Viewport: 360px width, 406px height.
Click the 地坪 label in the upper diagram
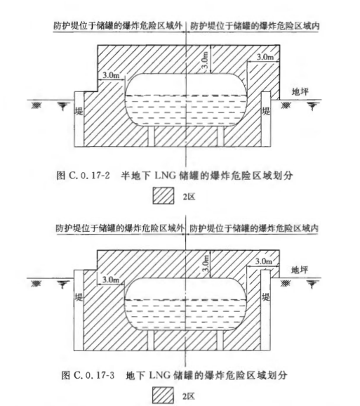click(300, 91)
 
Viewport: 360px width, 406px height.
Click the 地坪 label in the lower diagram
click(300, 270)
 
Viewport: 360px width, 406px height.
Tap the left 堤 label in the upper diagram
click(79, 112)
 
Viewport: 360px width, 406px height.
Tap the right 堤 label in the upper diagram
click(266, 112)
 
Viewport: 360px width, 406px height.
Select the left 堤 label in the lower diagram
click(79, 296)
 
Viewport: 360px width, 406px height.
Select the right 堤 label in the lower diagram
click(266, 296)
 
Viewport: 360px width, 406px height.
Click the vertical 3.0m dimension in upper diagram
click(205, 60)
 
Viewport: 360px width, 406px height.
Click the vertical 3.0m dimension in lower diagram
click(206, 263)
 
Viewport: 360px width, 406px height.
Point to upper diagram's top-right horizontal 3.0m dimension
click(265, 57)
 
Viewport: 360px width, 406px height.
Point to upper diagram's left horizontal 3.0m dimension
click(111, 75)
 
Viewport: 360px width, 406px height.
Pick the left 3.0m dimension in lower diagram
click(111, 280)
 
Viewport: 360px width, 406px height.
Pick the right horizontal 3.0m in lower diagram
click(264, 261)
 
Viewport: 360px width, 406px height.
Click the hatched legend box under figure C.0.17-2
click(164, 196)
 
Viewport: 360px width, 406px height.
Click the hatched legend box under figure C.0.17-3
click(163, 395)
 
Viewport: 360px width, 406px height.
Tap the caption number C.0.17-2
click(89, 176)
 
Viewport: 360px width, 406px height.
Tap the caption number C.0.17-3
click(94, 375)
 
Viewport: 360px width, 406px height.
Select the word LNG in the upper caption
click(165, 176)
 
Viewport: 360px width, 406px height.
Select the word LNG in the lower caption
click(160, 375)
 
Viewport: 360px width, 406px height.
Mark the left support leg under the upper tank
click(152, 136)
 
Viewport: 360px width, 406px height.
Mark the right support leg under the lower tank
click(220, 340)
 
